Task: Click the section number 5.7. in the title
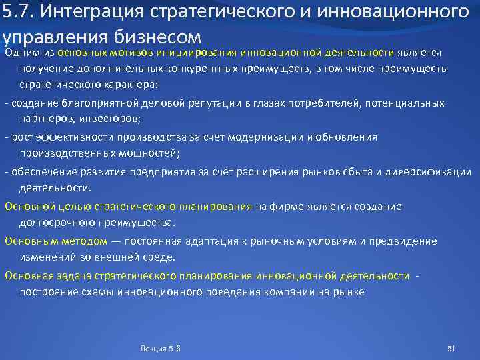pos(17,12)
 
